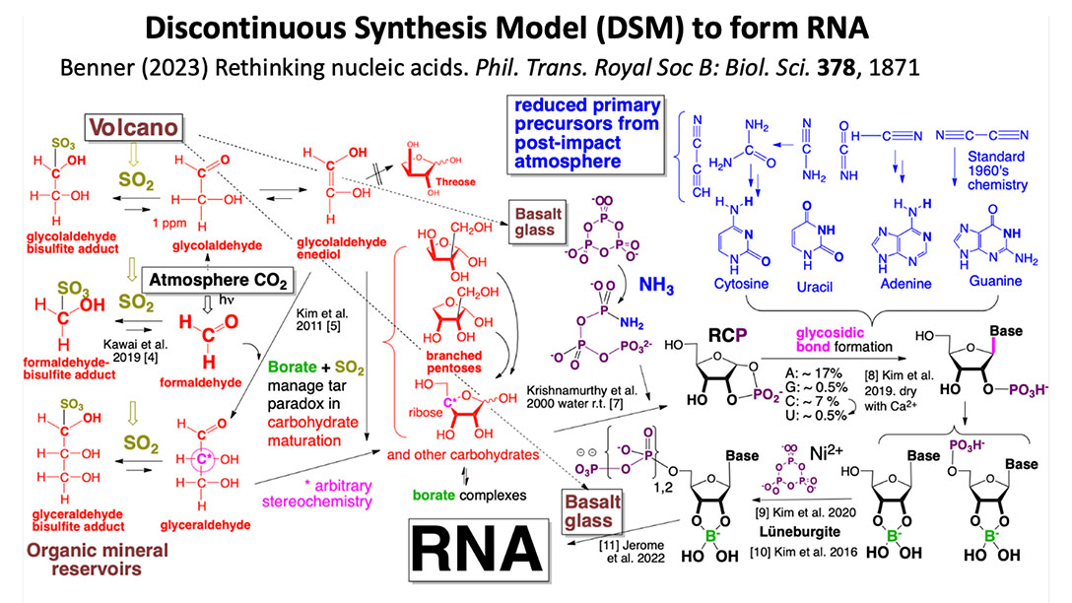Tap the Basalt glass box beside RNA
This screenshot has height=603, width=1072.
[x=592, y=508]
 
